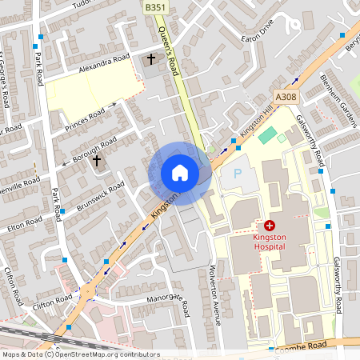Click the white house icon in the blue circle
pos(180,173)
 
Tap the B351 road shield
pos(156,6)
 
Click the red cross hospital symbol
pos(270,226)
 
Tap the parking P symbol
pos(236,173)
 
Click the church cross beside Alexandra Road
pos(150,59)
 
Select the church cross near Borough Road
pos(97,161)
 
